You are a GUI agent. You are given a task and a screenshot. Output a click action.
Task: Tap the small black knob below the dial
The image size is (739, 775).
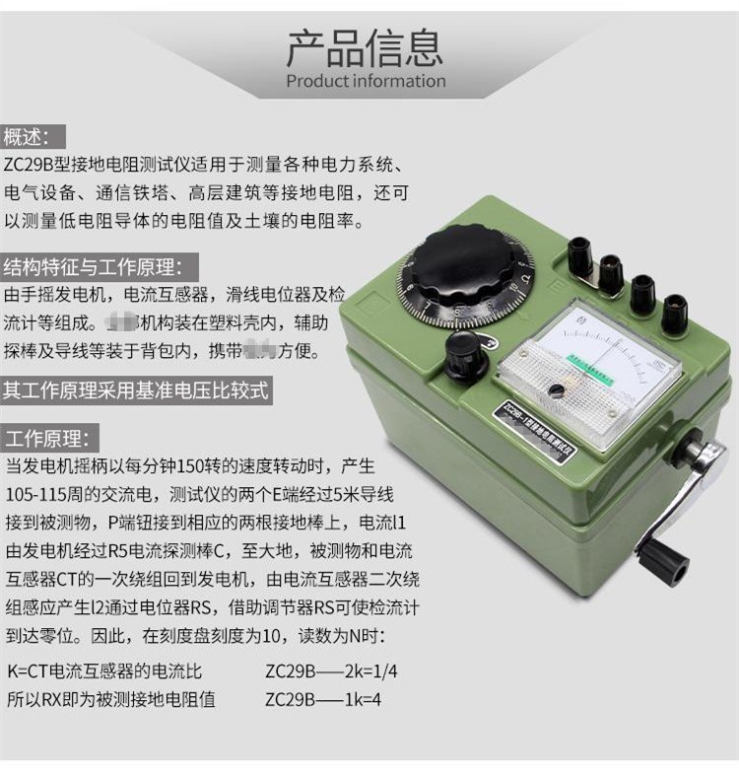(x=466, y=354)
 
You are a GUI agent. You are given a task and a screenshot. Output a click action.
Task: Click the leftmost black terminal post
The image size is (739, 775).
(x=580, y=256)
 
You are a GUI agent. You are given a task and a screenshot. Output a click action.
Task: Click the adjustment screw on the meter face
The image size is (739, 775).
(x=557, y=390)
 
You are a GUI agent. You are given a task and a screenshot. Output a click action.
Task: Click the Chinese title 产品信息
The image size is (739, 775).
(x=365, y=45)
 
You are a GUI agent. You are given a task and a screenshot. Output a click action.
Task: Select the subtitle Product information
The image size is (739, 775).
(x=366, y=81)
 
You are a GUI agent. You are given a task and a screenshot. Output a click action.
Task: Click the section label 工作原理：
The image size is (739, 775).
(x=47, y=438)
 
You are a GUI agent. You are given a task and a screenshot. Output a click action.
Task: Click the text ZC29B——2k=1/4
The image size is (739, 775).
(x=331, y=671)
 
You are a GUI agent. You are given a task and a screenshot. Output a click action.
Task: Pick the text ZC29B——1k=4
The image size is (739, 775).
(x=323, y=699)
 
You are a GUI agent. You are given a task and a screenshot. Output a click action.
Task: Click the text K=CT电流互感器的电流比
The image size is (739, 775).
(x=104, y=671)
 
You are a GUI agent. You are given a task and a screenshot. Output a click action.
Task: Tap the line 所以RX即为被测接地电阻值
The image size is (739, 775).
(x=111, y=699)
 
